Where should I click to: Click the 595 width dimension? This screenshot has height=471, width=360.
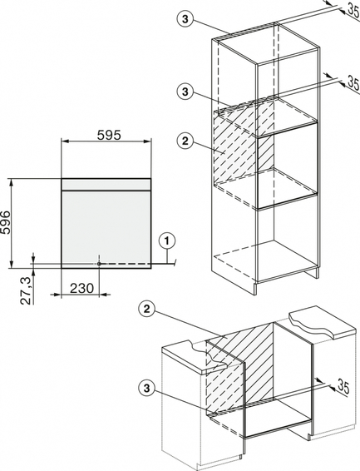(x=109, y=135)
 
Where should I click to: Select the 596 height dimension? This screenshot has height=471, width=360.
(x=5, y=222)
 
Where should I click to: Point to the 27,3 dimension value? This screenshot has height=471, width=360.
(x=27, y=290)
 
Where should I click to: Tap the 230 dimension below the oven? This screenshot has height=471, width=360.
(x=81, y=289)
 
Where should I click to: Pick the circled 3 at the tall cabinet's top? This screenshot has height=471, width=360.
(x=185, y=19)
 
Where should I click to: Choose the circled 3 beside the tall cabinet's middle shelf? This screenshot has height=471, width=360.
(x=185, y=92)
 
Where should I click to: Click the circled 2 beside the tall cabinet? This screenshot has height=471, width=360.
(x=185, y=141)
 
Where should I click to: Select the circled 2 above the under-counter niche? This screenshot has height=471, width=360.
(x=146, y=310)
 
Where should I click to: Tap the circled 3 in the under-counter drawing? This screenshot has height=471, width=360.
(x=146, y=388)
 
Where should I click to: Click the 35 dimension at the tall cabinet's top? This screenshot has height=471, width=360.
(x=354, y=11)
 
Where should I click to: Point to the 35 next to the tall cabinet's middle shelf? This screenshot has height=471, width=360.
(x=353, y=82)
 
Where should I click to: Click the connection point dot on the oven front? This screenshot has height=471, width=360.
(x=99, y=264)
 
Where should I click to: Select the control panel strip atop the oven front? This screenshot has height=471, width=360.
(x=106, y=185)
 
